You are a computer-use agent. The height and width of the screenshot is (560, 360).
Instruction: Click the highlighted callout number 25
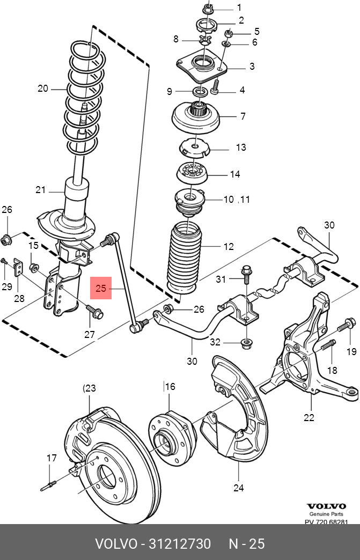(x=101, y=289)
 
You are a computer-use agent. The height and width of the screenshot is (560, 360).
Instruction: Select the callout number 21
(x=41, y=189)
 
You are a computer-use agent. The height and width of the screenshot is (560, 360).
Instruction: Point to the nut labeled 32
(x=247, y=342)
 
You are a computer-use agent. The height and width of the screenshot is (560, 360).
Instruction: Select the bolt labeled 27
(x=94, y=311)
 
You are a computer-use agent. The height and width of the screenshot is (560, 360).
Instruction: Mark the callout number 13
(x=240, y=147)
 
